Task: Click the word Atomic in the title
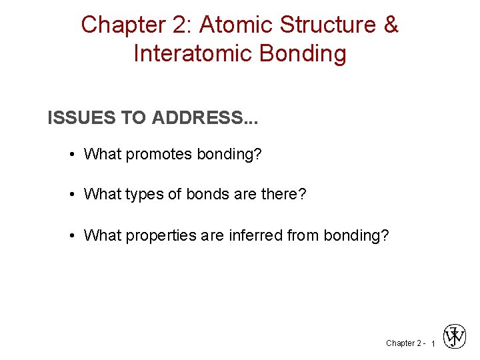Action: tap(236, 25)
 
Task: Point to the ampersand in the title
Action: tap(391, 25)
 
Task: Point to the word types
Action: tap(143, 195)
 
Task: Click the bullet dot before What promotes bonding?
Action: tap(71, 155)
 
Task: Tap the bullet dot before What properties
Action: tap(71, 235)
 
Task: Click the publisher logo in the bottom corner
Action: tap(455, 337)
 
